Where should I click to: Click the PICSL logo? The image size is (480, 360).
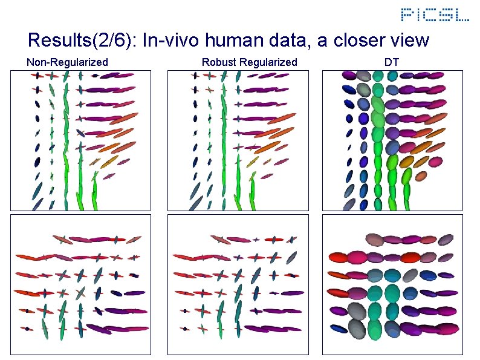click(435, 15)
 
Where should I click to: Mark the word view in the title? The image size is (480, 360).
click(409, 41)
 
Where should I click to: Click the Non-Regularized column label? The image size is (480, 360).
click(68, 62)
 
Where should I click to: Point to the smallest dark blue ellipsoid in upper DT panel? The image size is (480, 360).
click(349, 146)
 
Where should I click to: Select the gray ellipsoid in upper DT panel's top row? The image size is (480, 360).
click(363, 76)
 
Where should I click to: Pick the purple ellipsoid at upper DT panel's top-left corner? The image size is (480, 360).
click(349, 76)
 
